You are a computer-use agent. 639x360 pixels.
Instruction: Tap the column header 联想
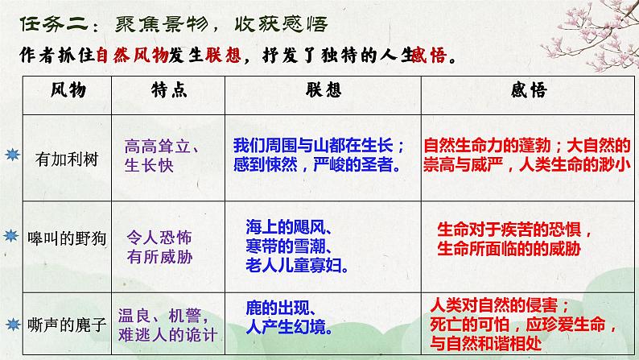pyautogui.click(x=324, y=93)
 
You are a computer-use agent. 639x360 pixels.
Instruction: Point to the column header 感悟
pyautogui.click(x=528, y=93)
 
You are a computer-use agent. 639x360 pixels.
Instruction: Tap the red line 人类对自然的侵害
pyautogui.click(x=500, y=305)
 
